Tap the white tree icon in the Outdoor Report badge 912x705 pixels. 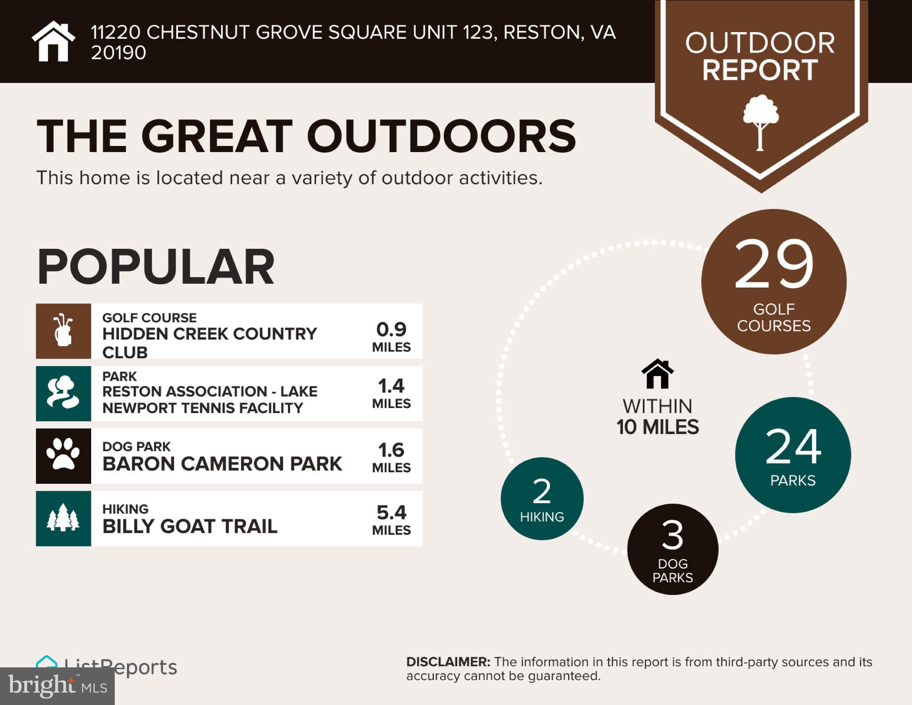761,122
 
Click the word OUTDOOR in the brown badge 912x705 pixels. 760,43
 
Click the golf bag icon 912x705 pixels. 63,330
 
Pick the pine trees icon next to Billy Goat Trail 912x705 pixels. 63,518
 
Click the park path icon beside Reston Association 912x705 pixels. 63,393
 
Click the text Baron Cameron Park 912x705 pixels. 222,464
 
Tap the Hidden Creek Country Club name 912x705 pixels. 209,342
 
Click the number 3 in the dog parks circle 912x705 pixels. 672,535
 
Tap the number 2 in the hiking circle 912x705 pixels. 542,491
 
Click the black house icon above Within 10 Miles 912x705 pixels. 657,374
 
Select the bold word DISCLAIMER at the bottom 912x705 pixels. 448,662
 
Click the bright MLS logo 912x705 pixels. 57,686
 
